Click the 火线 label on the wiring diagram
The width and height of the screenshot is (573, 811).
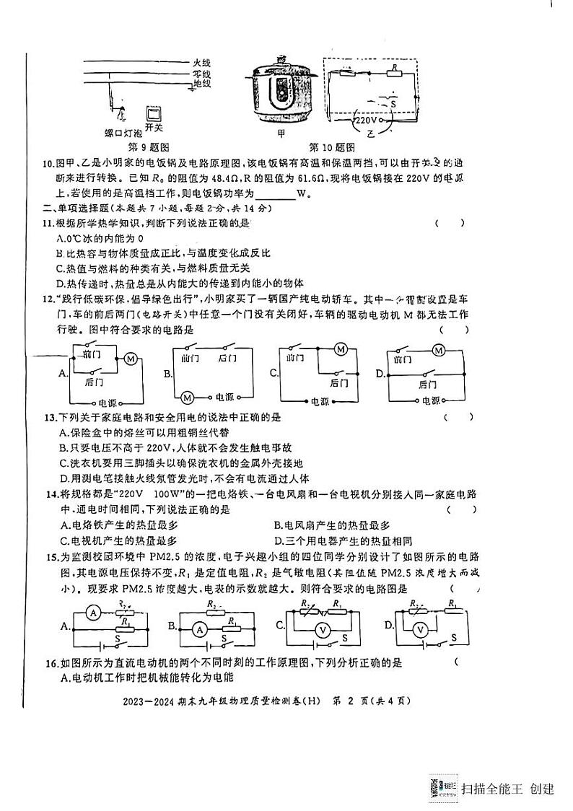(201, 63)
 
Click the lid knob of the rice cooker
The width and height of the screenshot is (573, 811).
(283, 59)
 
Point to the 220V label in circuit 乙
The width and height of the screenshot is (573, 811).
(367, 122)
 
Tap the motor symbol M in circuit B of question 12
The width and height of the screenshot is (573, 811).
(187, 396)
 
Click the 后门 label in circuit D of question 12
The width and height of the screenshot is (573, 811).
(429, 385)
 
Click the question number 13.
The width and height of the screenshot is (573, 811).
(50, 417)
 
